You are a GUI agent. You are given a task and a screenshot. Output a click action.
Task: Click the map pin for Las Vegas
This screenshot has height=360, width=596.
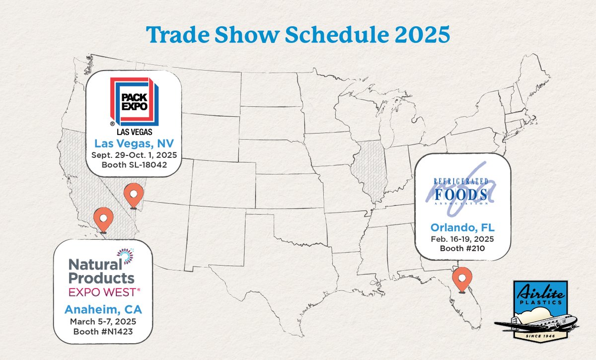133,195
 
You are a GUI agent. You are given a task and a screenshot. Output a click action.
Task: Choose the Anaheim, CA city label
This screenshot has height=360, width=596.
103,310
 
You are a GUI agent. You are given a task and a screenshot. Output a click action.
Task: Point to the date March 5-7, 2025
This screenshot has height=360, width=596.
103,321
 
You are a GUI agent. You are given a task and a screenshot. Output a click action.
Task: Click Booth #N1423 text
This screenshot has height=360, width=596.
103,331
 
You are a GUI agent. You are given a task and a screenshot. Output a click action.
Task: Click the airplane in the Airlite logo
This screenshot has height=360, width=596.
536,323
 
